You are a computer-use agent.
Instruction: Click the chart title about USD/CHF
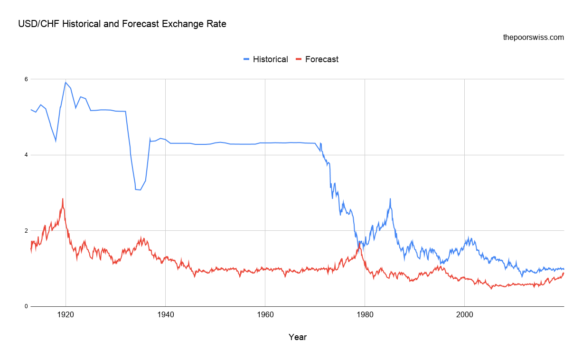pos(122,24)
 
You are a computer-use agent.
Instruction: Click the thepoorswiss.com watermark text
pos(533,37)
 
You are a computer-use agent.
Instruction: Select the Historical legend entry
pos(270,59)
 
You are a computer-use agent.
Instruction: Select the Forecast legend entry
pos(321,59)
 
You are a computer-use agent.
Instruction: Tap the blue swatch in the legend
pos(246,59)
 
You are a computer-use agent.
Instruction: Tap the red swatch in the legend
pos(299,59)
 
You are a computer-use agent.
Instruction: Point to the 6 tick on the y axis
pos(26,79)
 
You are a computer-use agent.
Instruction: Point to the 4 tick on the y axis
pos(26,155)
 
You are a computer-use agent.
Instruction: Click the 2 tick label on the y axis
pos(26,231)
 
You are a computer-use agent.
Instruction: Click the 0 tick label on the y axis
pos(26,306)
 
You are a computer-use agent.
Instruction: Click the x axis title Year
pos(298,337)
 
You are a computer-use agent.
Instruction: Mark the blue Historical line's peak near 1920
pos(66,82)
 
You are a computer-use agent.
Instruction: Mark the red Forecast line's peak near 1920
pos(62,199)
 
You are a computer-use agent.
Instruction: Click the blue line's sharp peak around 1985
pos(390,199)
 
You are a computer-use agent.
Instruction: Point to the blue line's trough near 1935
pos(140,190)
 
